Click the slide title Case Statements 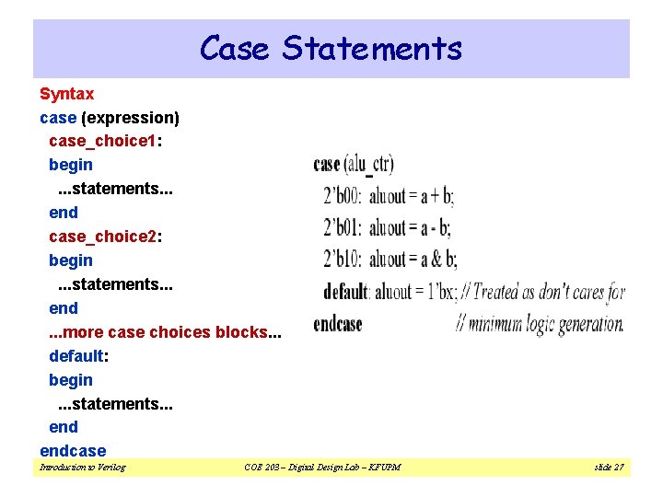pyautogui.click(x=331, y=48)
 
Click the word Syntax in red pyautogui.click(x=66, y=94)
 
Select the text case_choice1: pyautogui.click(x=106, y=141)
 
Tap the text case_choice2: pyautogui.click(x=106, y=237)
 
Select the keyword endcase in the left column pyautogui.click(x=73, y=451)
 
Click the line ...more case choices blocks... pyautogui.click(x=165, y=332)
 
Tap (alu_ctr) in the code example pyautogui.click(x=368, y=166)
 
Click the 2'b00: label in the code pyautogui.click(x=343, y=197)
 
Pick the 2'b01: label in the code pyautogui.click(x=343, y=227)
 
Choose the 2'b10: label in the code pyautogui.click(x=343, y=259)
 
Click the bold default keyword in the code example pyautogui.click(x=346, y=293)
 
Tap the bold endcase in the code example pyautogui.click(x=338, y=324)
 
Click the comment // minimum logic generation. pyautogui.click(x=541, y=324)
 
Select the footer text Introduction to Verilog pyautogui.click(x=83, y=468)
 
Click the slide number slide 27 pyautogui.click(x=609, y=468)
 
